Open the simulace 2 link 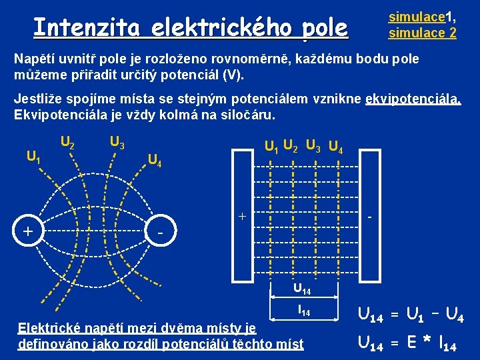(x=423, y=32)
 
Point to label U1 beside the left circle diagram (x=33, y=157)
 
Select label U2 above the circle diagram (x=67, y=141)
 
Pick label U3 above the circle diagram (x=117, y=141)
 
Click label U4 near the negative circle (x=155, y=159)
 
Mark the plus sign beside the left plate (x=243, y=217)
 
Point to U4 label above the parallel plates (x=337, y=146)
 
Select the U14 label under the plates (x=302, y=289)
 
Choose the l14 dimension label (x=303, y=311)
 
